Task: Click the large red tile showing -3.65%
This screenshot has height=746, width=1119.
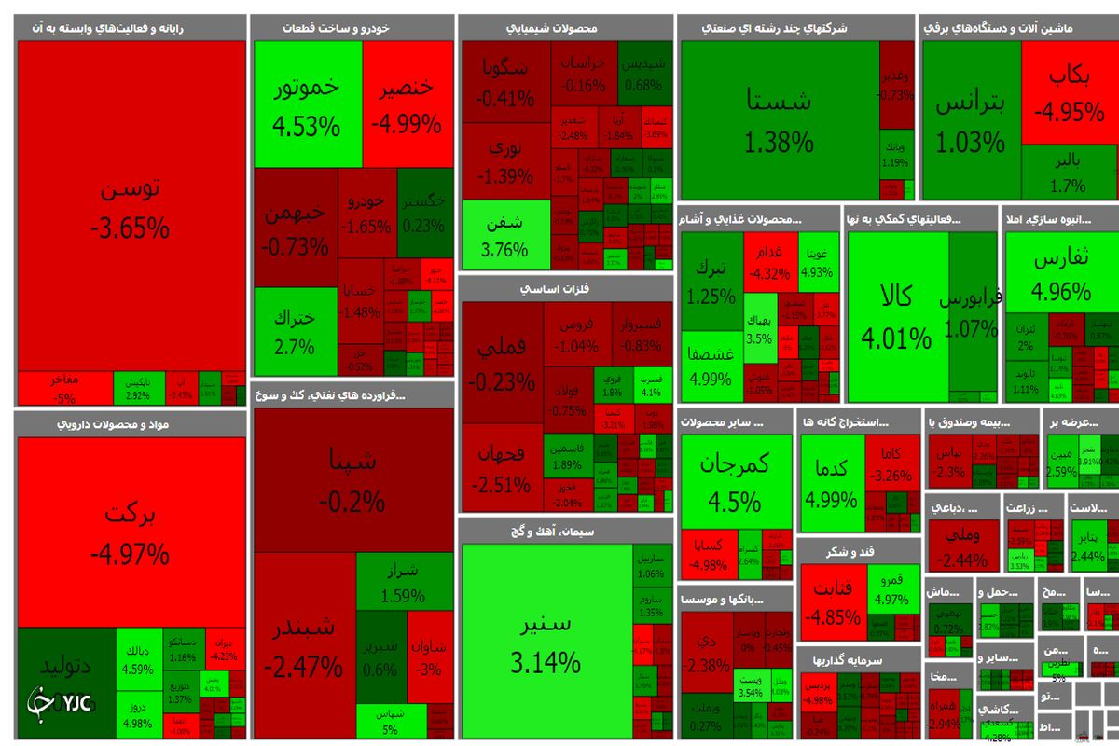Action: pyautogui.click(x=131, y=205)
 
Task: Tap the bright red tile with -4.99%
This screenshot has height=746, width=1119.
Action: pyautogui.click(x=406, y=103)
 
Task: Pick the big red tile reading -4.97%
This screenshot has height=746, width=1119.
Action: pyautogui.click(x=131, y=532)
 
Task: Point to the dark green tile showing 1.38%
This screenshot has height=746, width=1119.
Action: pyautogui.click(x=779, y=121)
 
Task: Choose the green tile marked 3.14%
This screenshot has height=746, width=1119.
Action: pyautogui.click(x=546, y=643)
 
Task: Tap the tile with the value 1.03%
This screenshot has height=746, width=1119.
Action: pyautogui.click(x=970, y=121)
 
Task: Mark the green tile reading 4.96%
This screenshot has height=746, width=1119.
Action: pyautogui.click(x=1061, y=275)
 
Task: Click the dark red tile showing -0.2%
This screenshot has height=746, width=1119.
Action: pyautogui.click(x=352, y=480)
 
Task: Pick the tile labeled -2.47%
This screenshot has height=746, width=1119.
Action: pyautogui.click(x=303, y=648)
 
